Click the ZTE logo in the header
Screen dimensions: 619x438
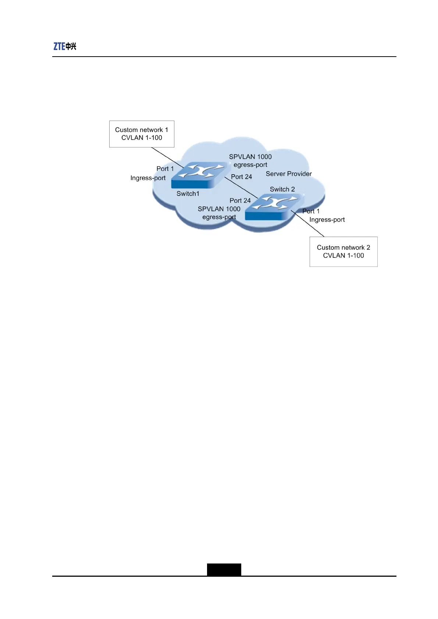click(x=65, y=46)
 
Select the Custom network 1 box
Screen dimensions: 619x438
click(x=142, y=134)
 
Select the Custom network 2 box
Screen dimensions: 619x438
click(x=343, y=251)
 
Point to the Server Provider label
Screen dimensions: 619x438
click(x=289, y=174)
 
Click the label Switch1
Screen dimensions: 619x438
click(x=188, y=194)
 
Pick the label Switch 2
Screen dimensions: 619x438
click(x=282, y=189)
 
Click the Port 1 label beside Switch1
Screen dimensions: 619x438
click(x=165, y=169)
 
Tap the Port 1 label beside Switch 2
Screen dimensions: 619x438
click(x=311, y=211)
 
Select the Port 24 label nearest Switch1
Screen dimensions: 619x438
click(x=241, y=177)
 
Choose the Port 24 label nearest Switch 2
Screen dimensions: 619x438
click(x=240, y=201)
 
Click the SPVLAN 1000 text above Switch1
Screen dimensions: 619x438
click(x=250, y=157)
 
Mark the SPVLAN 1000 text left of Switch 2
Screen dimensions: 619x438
click(x=219, y=209)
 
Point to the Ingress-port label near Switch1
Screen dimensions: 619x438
click(x=148, y=178)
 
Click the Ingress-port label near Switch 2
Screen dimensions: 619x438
click(x=327, y=220)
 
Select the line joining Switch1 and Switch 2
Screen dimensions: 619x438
click(x=241, y=188)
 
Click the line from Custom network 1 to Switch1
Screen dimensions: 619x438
click(x=167, y=158)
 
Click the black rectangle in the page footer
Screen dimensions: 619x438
click(x=224, y=569)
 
